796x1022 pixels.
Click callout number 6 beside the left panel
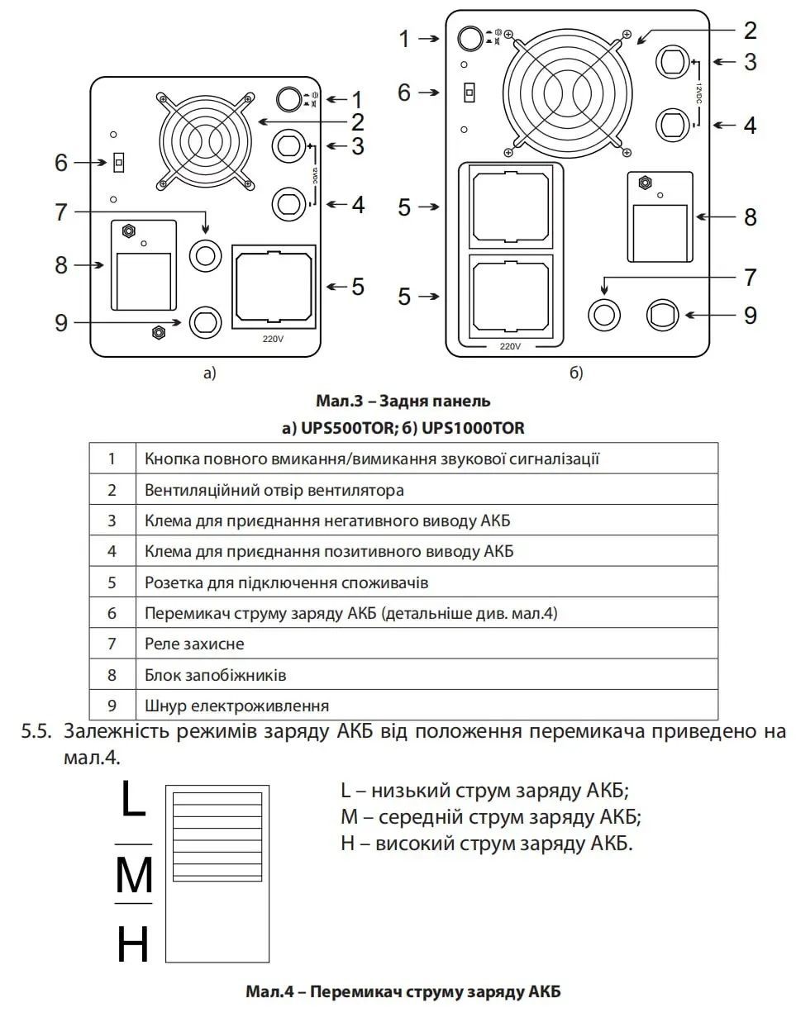(61, 163)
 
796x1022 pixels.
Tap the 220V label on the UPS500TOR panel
(273, 339)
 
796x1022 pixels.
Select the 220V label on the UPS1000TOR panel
(511, 347)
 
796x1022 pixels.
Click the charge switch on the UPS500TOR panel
(119, 163)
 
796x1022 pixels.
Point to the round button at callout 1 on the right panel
(470, 38)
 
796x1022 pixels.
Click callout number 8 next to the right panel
(750, 217)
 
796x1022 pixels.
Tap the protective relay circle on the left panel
(205, 256)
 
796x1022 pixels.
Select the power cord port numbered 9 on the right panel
(663, 315)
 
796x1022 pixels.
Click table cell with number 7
(112, 644)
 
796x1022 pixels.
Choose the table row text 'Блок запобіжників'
(216, 675)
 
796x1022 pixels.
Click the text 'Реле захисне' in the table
(194, 644)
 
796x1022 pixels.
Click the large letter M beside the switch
(134, 874)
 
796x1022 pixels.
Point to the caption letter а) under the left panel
(209, 373)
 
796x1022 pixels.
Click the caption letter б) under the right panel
(576, 373)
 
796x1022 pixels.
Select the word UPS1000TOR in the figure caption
(473, 429)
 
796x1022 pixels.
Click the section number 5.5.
(36, 732)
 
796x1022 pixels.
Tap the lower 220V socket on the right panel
(511, 297)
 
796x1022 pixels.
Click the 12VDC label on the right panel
(698, 93)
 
